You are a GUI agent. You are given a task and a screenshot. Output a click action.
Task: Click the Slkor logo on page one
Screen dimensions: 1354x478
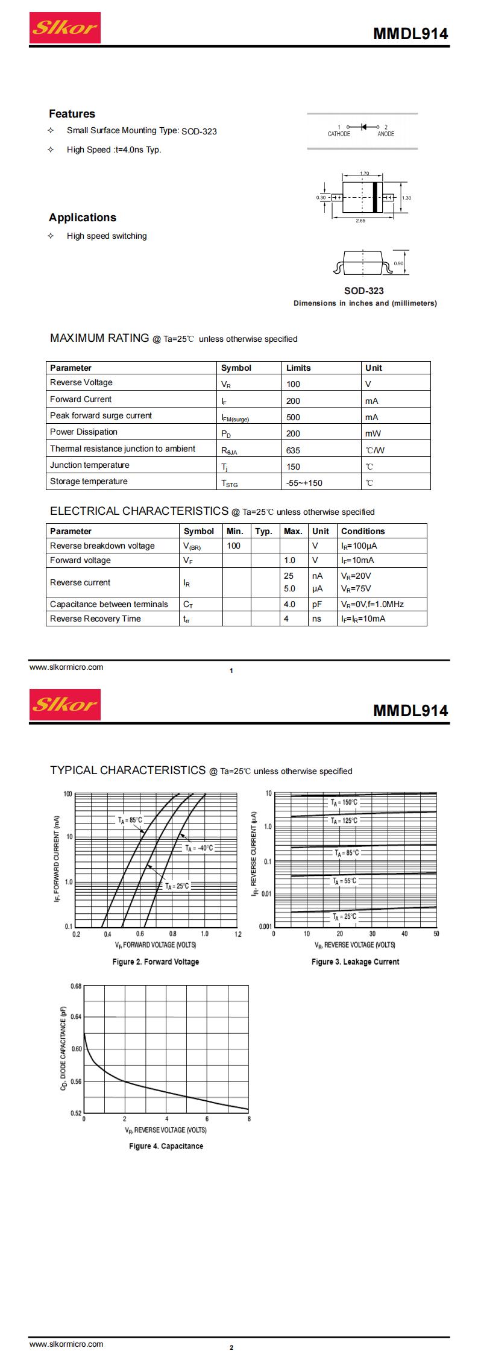(x=64, y=28)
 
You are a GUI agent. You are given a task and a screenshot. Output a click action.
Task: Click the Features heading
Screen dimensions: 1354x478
(x=72, y=114)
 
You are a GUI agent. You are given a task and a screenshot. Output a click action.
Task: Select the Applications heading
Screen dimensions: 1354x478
(x=82, y=218)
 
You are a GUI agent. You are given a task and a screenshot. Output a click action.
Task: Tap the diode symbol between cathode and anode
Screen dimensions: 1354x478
(x=363, y=127)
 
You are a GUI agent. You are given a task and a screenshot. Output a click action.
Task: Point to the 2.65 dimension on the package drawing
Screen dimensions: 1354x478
(x=360, y=221)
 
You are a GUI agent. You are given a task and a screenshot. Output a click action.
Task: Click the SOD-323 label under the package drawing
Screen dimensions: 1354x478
(x=363, y=291)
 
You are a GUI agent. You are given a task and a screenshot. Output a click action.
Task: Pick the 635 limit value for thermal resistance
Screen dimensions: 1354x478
(x=293, y=450)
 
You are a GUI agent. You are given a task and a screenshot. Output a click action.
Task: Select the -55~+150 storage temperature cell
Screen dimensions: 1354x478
(x=304, y=483)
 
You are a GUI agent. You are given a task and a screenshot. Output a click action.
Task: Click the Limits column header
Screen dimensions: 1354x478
(x=298, y=368)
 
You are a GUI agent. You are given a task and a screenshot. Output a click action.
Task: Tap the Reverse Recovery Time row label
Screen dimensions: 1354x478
(x=95, y=619)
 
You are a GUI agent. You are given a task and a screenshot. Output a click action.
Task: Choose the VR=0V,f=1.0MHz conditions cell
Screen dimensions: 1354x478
(x=372, y=604)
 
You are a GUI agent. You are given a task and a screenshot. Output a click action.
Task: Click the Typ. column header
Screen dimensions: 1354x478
(x=263, y=531)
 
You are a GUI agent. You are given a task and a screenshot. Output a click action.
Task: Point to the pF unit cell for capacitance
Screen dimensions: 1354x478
(x=317, y=604)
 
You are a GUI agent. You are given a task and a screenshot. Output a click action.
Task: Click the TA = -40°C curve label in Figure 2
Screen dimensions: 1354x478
(x=198, y=848)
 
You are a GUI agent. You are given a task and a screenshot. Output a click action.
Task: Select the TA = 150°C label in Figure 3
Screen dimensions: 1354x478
(x=344, y=803)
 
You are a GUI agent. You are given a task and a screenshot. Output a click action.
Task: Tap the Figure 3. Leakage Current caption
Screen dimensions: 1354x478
(x=355, y=962)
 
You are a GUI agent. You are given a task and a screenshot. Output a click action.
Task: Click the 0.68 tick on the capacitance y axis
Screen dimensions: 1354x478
(x=76, y=986)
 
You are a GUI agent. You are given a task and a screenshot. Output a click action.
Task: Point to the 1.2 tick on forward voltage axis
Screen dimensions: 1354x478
(x=237, y=934)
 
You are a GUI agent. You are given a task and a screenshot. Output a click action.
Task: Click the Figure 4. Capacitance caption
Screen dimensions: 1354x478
(x=166, y=1146)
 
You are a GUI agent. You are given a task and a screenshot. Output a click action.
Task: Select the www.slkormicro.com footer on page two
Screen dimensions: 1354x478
(x=66, y=1344)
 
